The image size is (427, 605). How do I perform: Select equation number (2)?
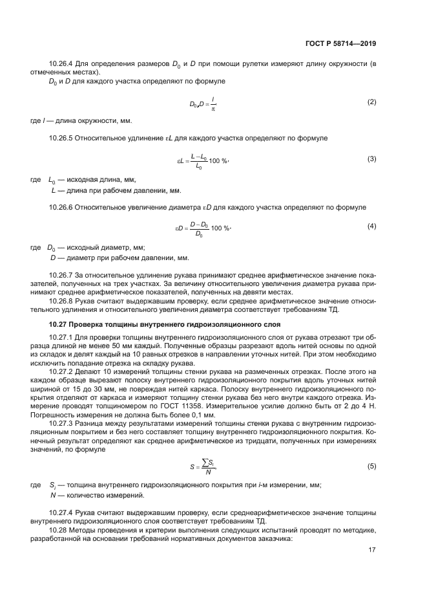pos(371,102)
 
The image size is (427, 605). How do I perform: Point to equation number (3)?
pos(371,159)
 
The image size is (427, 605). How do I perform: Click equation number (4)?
pos(371,226)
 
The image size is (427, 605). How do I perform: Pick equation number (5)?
pos(371,466)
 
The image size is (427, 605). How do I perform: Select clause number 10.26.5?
pos(62,138)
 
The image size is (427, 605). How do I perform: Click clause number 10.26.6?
pos(62,206)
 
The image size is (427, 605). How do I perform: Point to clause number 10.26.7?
pos(62,274)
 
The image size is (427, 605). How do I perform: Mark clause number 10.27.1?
pos(62,337)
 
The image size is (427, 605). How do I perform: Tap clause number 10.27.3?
pos(62,422)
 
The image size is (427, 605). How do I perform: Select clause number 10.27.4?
pos(62,512)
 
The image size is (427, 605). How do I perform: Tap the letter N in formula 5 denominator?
pos(207,472)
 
